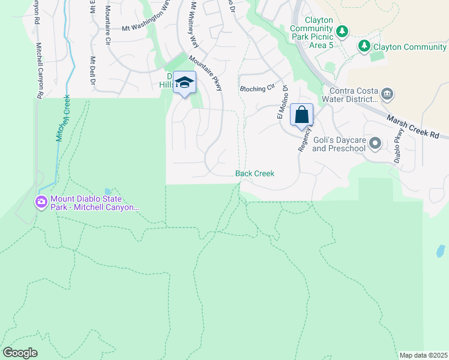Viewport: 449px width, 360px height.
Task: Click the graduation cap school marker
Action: pyautogui.click(x=184, y=83)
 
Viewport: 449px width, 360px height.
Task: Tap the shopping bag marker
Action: pyautogui.click(x=301, y=114)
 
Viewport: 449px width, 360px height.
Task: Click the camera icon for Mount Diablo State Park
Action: pyautogui.click(x=41, y=202)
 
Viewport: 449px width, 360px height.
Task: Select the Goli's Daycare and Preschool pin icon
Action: pyautogui.click(x=376, y=143)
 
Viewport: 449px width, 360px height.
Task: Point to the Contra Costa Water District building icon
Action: pyautogui.click(x=387, y=93)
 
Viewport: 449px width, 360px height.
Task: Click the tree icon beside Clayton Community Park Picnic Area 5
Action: pyautogui.click(x=342, y=31)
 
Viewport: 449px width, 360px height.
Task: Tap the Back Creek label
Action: pyautogui.click(x=255, y=173)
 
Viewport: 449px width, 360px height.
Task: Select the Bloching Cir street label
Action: pyautogui.click(x=253, y=89)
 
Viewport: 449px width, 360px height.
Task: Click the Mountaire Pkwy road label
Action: pyautogui.click(x=205, y=74)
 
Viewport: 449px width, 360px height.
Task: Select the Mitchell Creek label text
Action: pyautogui.click(x=63, y=118)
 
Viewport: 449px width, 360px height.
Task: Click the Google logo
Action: pyautogui.click(x=20, y=353)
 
